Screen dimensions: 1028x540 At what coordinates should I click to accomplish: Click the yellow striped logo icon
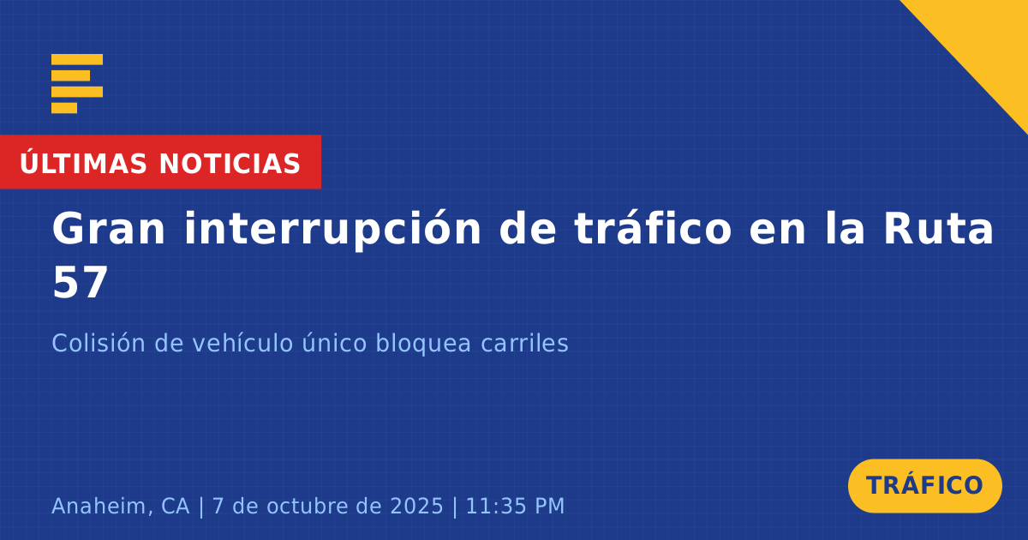[77, 84]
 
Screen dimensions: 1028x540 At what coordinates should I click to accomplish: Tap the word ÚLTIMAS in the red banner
[83, 162]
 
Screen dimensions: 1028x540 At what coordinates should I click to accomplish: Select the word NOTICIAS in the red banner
[230, 164]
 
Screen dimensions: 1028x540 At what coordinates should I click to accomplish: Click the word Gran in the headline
[108, 229]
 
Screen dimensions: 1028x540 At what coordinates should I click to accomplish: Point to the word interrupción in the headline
[332, 230]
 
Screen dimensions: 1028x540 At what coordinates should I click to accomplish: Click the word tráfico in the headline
[653, 228]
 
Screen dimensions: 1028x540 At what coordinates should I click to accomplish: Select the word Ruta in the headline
[938, 228]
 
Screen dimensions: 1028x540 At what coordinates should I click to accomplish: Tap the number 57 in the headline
[81, 282]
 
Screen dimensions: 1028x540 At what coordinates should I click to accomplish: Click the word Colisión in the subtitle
[99, 343]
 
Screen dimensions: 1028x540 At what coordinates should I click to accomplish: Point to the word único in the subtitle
[334, 343]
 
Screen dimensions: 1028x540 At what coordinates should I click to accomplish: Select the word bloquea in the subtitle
[423, 344]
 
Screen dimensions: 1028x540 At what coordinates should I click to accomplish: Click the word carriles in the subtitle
[524, 343]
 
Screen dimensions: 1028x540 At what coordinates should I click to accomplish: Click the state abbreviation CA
[176, 506]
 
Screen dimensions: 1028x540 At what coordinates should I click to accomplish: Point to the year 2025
[416, 506]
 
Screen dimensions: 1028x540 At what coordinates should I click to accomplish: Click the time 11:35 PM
[515, 506]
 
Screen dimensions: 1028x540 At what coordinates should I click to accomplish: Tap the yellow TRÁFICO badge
[924, 486]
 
